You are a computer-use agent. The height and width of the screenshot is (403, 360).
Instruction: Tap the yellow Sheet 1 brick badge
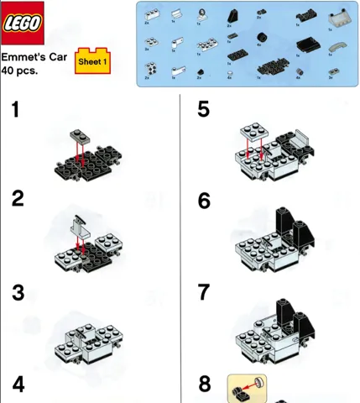coord(92,61)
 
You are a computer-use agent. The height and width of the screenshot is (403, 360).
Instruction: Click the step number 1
coord(17,109)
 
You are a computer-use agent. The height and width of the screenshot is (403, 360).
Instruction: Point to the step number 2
coord(18,199)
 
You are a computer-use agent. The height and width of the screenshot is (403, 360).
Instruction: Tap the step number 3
coord(18,293)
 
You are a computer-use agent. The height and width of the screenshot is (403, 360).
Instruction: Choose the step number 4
coord(18,385)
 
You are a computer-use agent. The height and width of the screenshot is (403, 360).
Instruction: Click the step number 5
coord(204,109)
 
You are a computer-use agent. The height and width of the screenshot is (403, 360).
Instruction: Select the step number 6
coord(204,201)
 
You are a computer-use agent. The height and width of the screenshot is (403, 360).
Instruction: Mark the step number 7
coord(204,292)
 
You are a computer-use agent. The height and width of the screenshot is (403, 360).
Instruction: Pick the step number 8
coord(204,385)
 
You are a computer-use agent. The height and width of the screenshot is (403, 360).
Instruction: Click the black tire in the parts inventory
coord(262,37)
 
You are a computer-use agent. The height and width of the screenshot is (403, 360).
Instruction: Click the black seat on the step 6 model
coord(287,223)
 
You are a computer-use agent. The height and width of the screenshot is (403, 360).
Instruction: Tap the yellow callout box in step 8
coord(246,387)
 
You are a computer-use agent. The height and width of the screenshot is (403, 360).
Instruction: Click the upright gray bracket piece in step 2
coord(77,224)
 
